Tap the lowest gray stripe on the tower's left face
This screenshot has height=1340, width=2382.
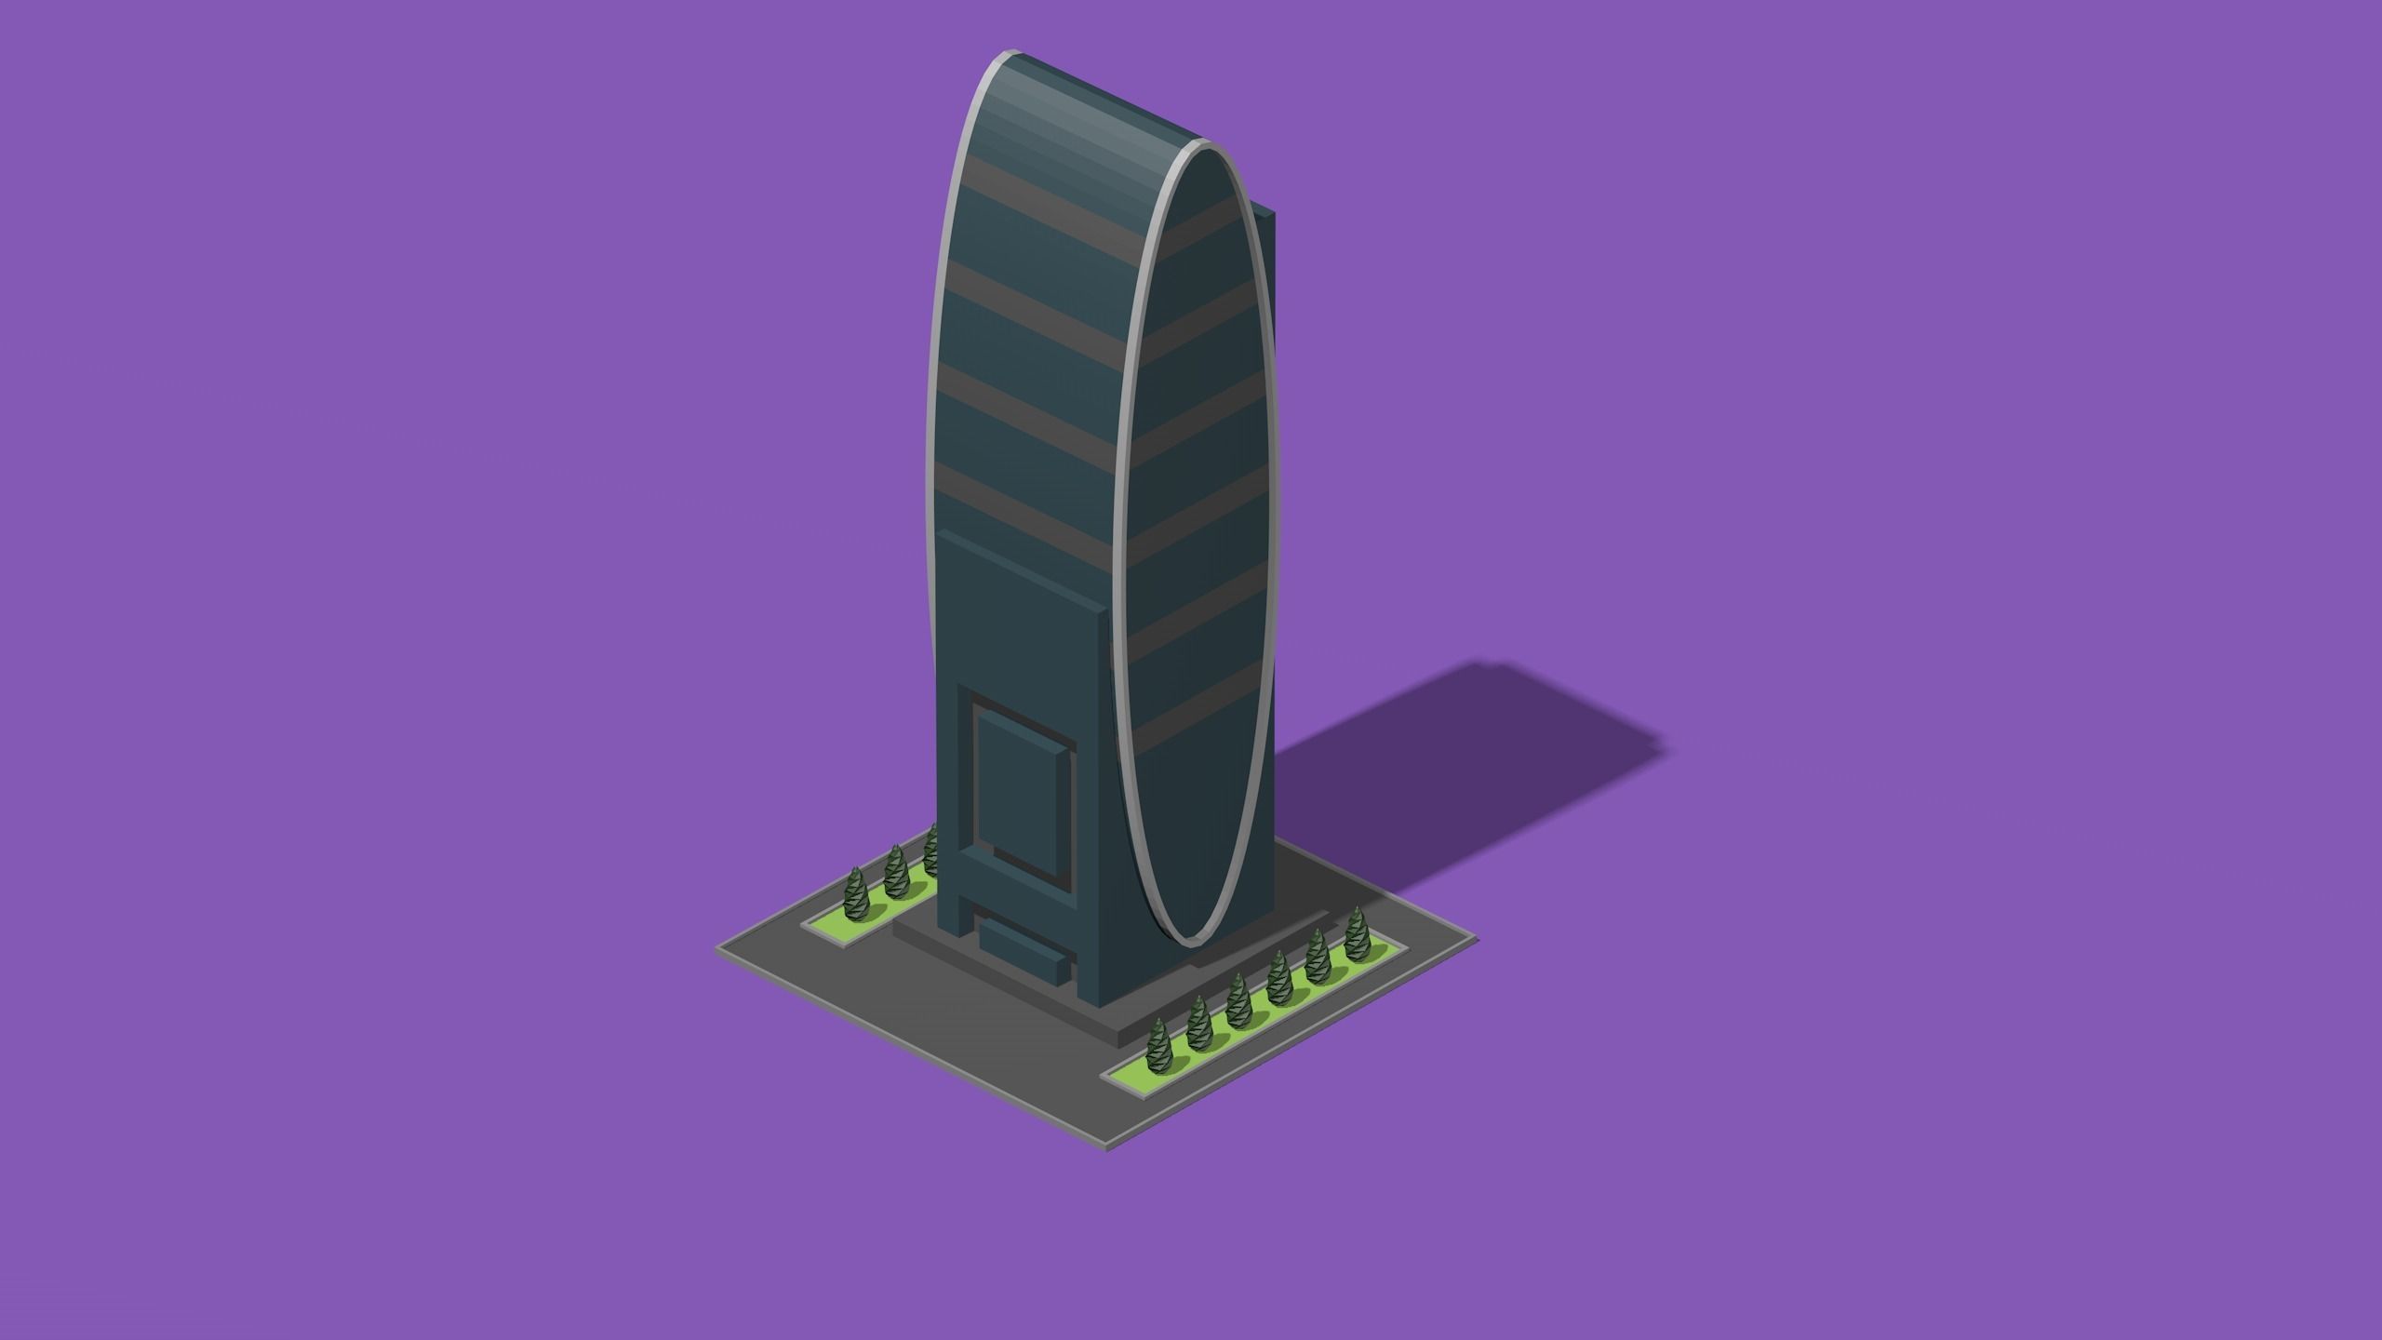(x=1024, y=502)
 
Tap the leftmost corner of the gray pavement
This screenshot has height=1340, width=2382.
(x=718, y=948)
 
